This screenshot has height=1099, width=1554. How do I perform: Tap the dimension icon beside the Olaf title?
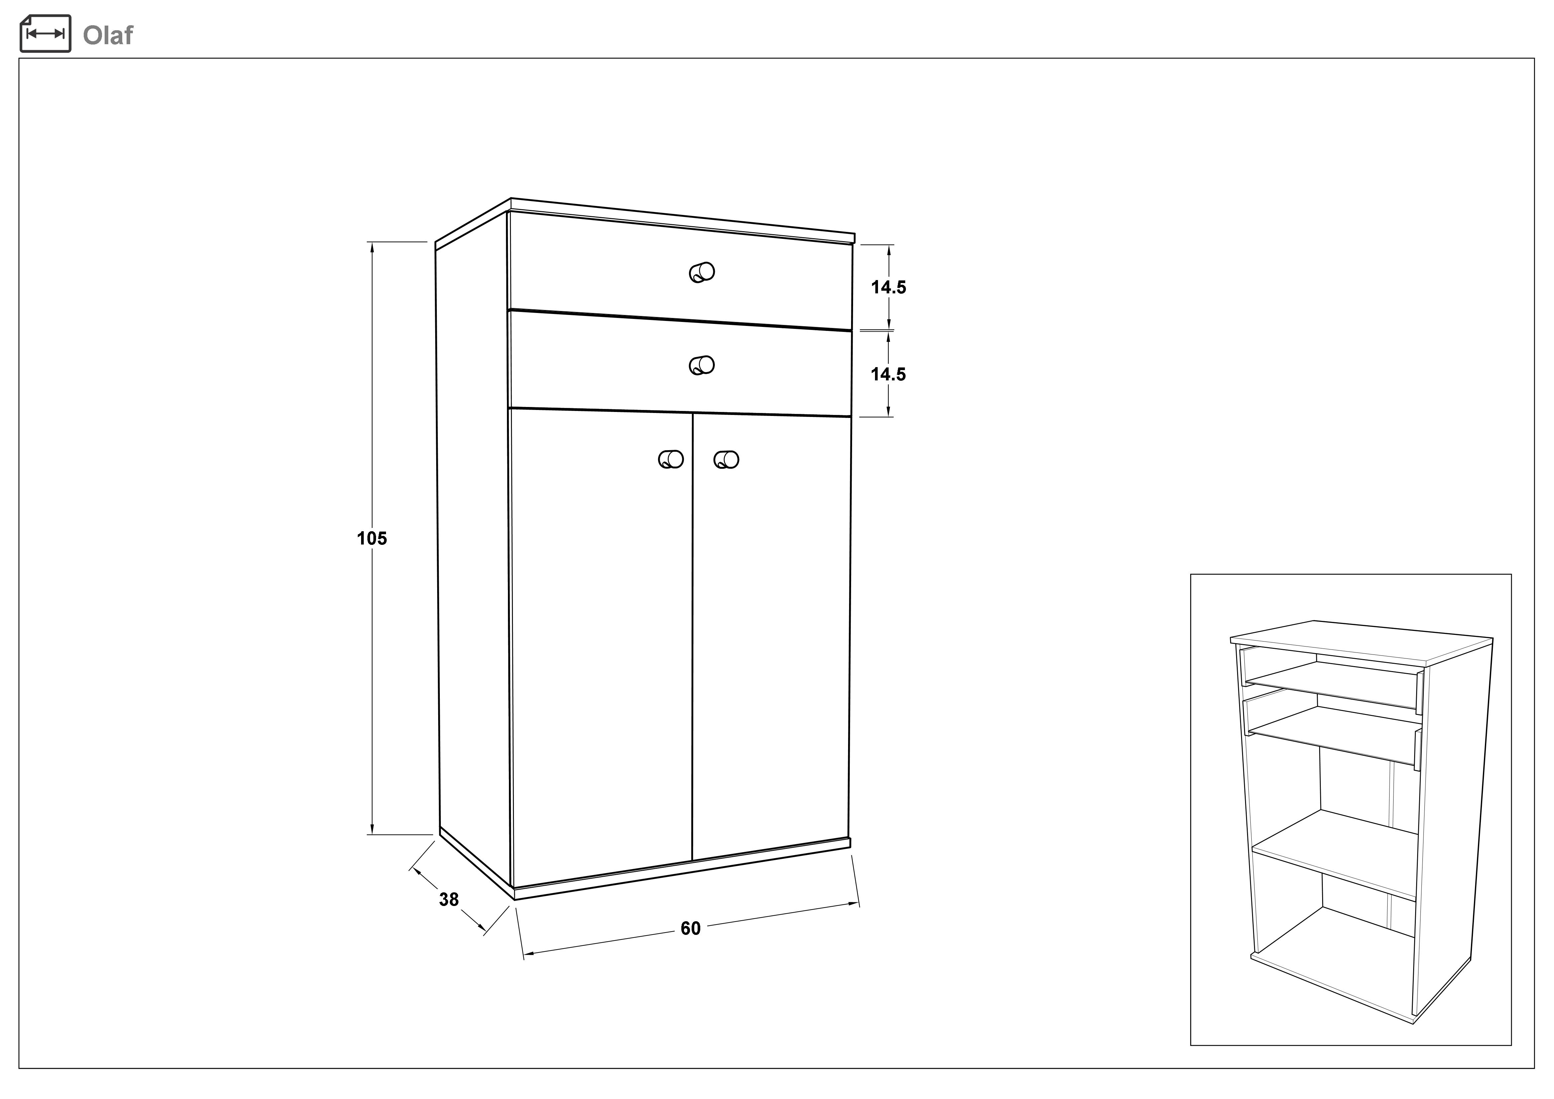pos(46,33)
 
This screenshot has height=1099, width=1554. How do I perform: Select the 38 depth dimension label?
pos(449,899)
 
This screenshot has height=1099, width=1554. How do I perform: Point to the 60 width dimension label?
pos(690,929)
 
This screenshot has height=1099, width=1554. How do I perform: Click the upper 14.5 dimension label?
pos(888,288)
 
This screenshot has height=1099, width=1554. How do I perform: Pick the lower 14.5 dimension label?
pos(888,374)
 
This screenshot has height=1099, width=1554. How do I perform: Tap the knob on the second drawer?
pos(702,365)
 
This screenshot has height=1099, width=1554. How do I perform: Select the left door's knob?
pos(671,460)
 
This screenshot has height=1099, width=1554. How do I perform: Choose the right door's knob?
pos(726,460)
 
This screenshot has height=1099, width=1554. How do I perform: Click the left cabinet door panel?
pos(601,643)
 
